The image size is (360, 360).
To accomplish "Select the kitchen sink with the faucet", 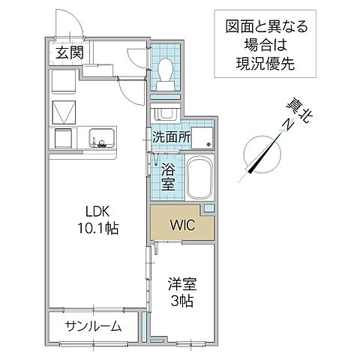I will (100, 138).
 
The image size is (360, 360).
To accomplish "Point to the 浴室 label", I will (168, 177).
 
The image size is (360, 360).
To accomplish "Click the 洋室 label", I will (183, 286).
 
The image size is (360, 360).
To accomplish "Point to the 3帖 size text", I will (183, 301).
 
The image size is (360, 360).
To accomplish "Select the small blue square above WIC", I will (209, 207).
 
